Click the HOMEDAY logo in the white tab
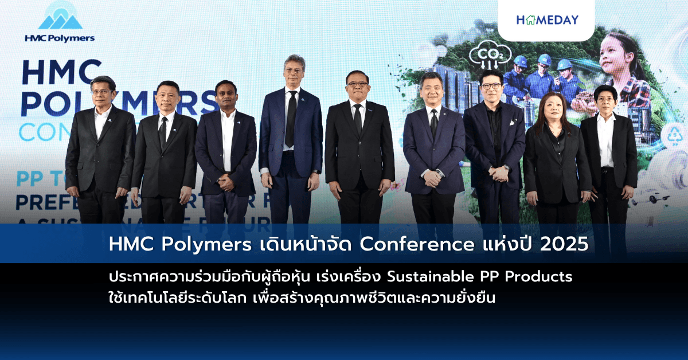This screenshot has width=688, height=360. click(547, 20)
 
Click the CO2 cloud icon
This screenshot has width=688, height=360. click(482, 56)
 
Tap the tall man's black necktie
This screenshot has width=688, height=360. click(291, 118)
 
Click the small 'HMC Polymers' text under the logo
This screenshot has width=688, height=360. click(60, 38)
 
